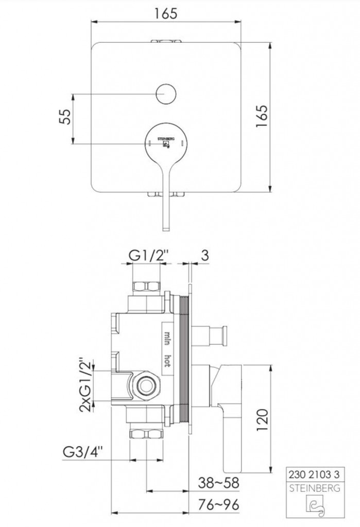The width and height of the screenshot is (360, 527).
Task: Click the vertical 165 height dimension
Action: (262, 116)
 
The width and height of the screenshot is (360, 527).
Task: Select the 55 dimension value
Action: (65, 117)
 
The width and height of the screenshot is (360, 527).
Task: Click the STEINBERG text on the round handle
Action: (166, 138)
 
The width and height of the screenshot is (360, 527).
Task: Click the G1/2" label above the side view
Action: (148, 256)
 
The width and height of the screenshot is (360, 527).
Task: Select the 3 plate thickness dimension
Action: (204, 255)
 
